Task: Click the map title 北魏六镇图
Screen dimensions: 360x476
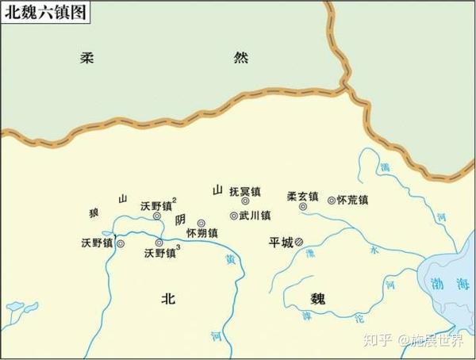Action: [44, 12]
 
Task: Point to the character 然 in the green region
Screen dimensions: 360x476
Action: [242, 58]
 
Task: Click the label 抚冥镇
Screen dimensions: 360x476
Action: [244, 191]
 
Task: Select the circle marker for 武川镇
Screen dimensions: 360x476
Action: [233, 216]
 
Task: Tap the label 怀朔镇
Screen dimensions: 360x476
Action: [202, 234]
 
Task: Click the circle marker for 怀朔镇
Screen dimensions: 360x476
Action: [201, 224]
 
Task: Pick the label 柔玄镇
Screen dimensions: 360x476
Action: [302, 196]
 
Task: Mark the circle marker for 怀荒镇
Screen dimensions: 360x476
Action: [332, 201]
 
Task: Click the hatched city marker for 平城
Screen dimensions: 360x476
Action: [299, 243]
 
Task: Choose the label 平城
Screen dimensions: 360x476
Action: [281, 242]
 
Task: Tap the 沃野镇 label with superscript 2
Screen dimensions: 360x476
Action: [157, 205]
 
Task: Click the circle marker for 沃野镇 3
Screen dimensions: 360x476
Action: [159, 243]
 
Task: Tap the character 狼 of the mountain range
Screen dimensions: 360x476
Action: [94, 214]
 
